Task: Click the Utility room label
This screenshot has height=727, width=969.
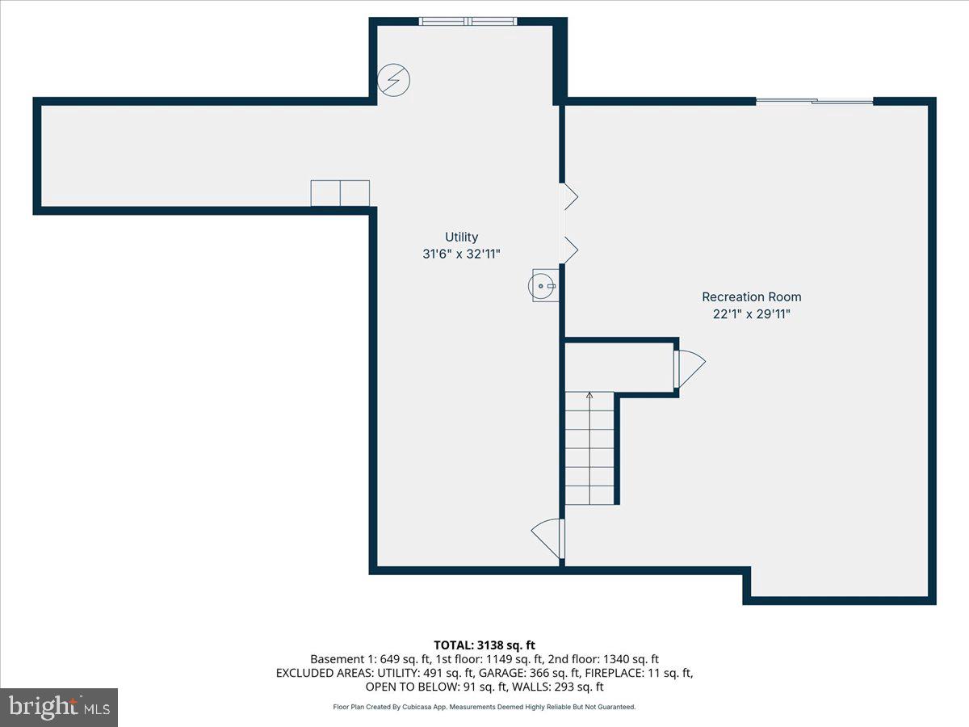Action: [462, 237]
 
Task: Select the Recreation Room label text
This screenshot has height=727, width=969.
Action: [751, 296]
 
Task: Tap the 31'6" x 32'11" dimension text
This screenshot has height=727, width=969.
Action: [462, 254]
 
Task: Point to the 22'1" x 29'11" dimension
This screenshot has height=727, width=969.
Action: [751, 314]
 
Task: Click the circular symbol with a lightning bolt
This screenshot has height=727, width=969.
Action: [394, 79]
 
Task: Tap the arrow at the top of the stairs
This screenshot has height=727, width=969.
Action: [589, 395]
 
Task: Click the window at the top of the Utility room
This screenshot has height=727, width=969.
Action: [468, 21]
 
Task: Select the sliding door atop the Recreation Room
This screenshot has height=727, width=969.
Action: [814, 101]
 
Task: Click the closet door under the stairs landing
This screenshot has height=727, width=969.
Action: [689, 368]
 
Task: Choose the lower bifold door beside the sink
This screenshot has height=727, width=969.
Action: [570, 250]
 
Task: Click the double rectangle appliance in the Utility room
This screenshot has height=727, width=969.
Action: [340, 193]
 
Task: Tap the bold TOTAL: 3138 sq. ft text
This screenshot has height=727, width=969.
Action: [484, 645]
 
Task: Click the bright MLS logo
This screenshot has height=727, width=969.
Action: [59, 708]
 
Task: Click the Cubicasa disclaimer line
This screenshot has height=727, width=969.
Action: [484, 707]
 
